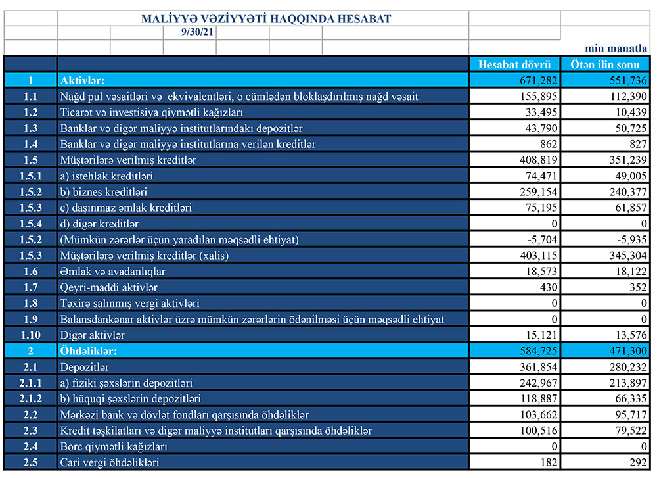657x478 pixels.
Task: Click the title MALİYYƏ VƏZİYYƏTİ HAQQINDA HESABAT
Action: [266, 19]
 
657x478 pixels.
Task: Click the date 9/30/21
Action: [190, 32]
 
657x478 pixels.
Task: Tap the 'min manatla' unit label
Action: [616, 49]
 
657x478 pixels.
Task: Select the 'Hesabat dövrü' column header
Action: [514, 64]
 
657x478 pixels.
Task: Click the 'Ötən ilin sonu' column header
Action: [605, 64]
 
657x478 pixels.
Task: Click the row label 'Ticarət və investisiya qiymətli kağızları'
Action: [152, 112]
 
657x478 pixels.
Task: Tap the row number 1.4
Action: [30, 144]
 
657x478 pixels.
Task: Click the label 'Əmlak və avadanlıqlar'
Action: [112, 272]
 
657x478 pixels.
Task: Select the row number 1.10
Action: [30, 335]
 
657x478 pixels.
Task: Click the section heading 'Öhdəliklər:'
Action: [88, 351]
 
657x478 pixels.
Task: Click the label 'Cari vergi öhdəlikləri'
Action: [109, 463]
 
